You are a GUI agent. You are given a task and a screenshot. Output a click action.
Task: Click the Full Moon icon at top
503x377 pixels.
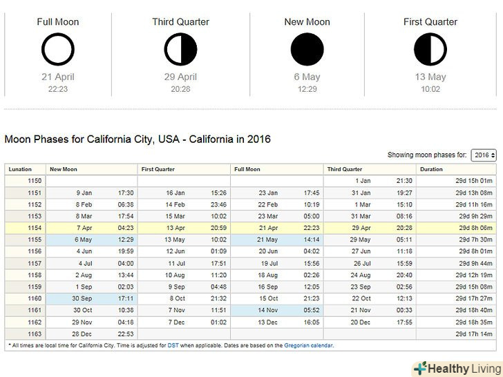[x=57, y=48]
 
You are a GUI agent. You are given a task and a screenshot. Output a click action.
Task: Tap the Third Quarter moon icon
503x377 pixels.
[x=181, y=48]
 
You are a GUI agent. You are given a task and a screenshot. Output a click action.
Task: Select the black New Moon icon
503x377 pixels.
[x=307, y=48]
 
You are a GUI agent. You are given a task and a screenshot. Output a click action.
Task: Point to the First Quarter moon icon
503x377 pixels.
[x=430, y=48]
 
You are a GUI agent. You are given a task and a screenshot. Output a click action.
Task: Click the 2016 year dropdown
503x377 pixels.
[x=484, y=155]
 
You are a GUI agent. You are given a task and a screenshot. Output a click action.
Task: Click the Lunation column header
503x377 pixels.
[x=21, y=169]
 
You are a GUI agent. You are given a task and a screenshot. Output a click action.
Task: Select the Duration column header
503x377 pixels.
[x=431, y=169]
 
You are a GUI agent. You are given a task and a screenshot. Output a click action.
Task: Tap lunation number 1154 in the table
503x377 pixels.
[x=35, y=228]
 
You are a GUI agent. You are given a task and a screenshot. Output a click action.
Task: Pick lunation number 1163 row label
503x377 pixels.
[x=35, y=333]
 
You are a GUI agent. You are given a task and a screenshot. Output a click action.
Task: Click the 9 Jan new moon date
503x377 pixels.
[x=84, y=193]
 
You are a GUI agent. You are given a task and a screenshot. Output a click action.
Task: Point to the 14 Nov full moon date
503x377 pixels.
[x=268, y=310]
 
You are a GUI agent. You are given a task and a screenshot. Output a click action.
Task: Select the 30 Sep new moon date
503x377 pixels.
[x=83, y=298]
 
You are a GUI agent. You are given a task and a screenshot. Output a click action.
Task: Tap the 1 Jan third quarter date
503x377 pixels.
[x=363, y=181]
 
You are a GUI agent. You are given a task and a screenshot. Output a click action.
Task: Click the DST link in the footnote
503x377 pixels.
[x=173, y=345]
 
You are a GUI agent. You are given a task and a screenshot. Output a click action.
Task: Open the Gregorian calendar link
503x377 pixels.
[x=308, y=345]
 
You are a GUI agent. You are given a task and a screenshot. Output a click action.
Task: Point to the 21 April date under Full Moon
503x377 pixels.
[x=57, y=77]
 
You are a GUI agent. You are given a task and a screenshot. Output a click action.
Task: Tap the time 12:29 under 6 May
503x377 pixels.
[x=307, y=89]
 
